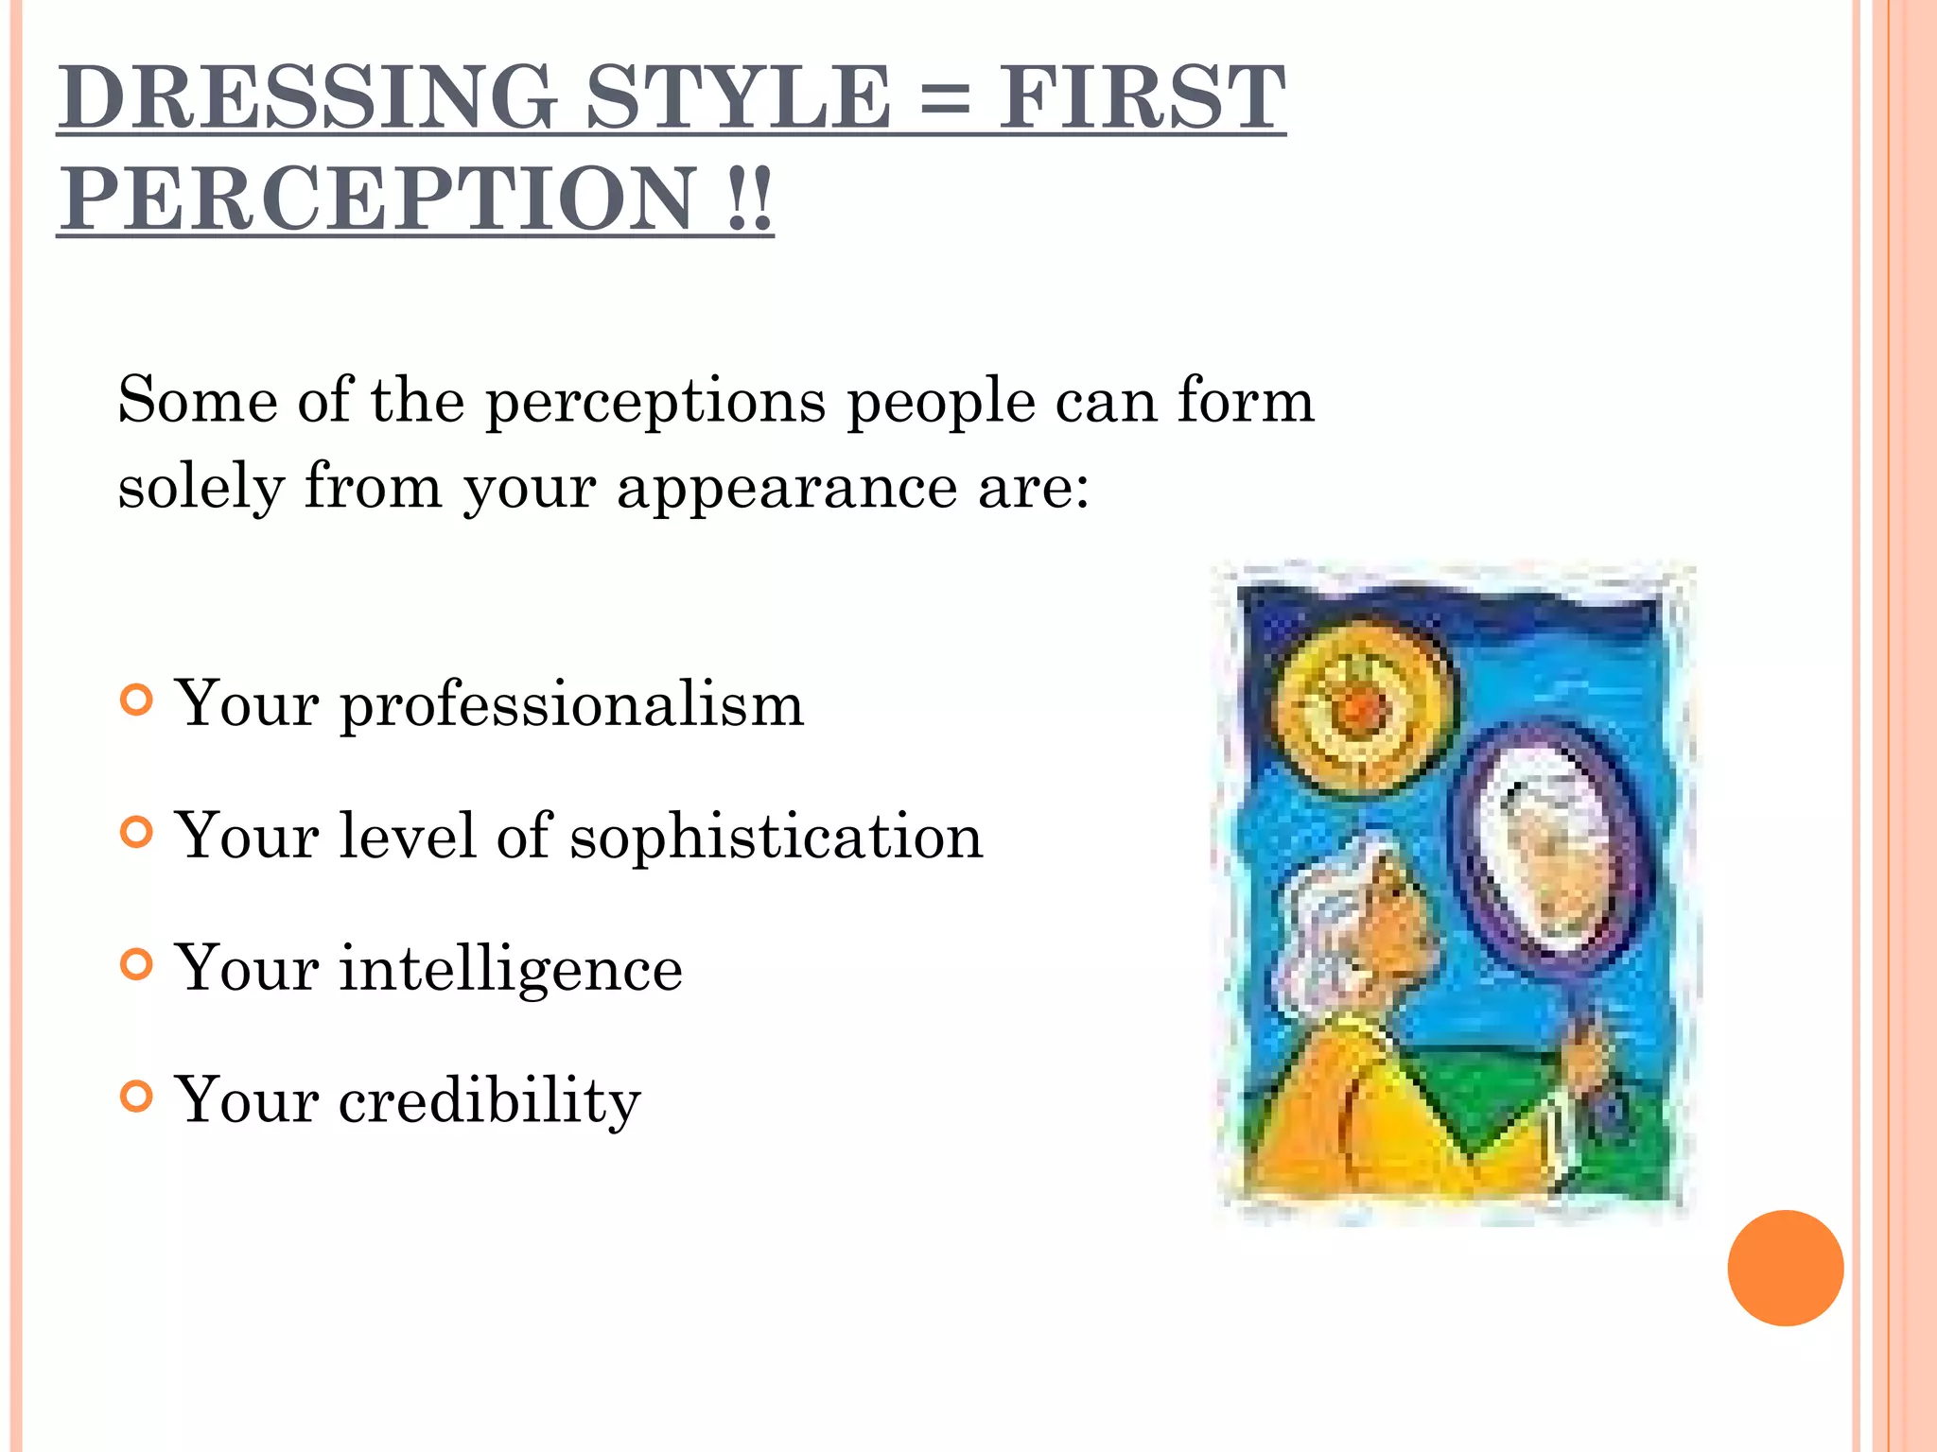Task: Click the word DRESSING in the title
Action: pos(308,97)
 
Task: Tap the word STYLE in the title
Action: pos(739,97)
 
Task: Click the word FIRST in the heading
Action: pos(1142,97)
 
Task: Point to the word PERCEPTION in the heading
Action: pos(379,199)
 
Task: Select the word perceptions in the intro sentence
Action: pos(655,403)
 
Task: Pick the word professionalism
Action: pos(571,705)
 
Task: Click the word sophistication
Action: pos(776,838)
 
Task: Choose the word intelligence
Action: pos(511,970)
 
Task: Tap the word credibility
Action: pos(489,1102)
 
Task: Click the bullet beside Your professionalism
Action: pos(137,700)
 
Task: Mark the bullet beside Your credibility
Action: pos(137,1098)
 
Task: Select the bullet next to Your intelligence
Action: pos(137,965)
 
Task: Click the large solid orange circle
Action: pos(1785,1268)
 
